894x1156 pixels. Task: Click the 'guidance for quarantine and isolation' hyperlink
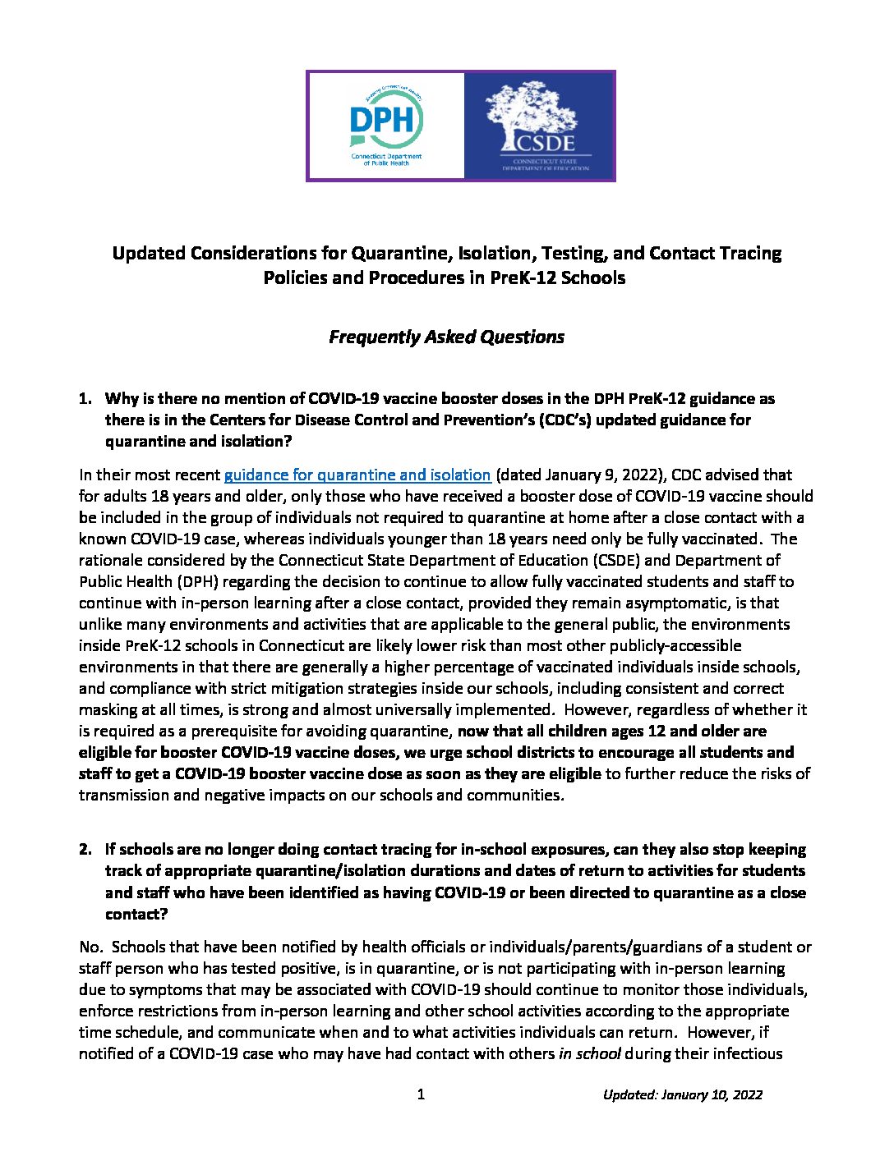coord(357,475)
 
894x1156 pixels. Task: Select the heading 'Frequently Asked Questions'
coord(446,337)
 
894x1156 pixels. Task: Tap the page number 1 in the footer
coord(421,1094)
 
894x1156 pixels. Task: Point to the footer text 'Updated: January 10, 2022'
coord(682,1094)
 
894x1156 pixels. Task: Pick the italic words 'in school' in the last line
coord(589,1053)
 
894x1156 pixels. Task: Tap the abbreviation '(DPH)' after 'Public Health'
coord(174,581)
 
